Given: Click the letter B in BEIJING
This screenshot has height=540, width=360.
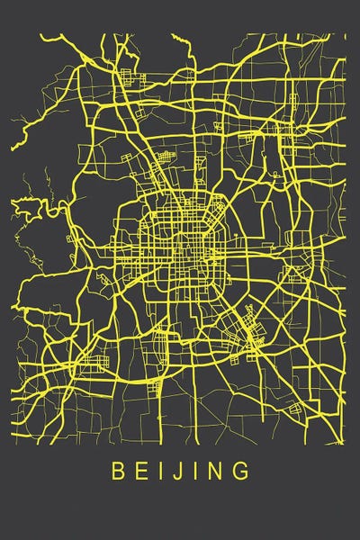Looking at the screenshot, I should pyautogui.click(x=116, y=471).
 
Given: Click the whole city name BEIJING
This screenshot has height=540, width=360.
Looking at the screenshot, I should pyautogui.click(x=180, y=471).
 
